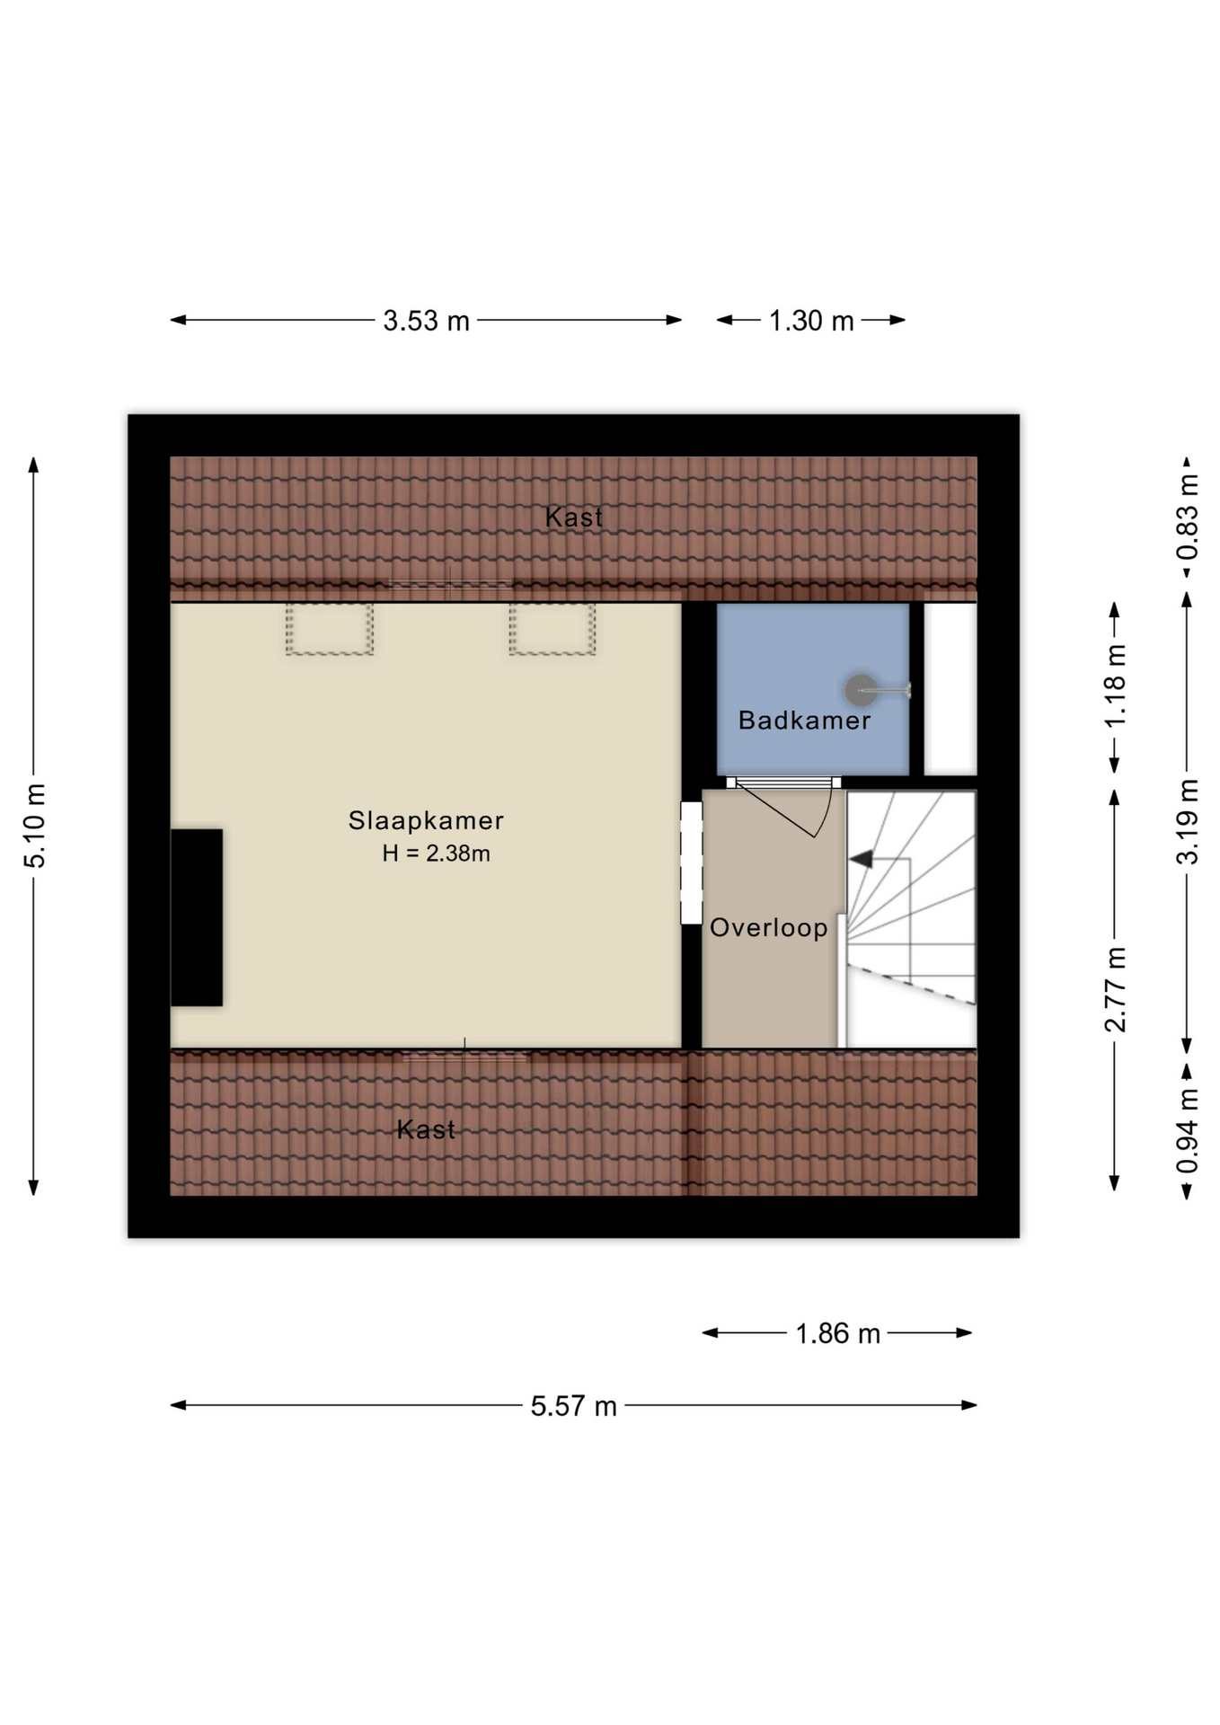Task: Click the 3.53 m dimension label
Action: (426, 321)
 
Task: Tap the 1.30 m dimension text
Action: (811, 321)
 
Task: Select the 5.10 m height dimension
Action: (34, 826)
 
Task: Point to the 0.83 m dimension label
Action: (1188, 517)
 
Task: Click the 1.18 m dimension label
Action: (1115, 686)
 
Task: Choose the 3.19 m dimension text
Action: (1188, 822)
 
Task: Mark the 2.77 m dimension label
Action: (1115, 989)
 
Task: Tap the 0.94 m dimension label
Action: (1188, 1130)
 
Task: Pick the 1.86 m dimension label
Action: (837, 1333)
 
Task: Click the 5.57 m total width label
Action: (573, 1406)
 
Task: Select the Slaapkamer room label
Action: (426, 820)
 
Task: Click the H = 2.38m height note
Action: (436, 854)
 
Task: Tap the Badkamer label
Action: (804, 721)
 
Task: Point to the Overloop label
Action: (769, 928)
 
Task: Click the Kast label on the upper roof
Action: (573, 517)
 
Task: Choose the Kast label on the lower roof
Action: (426, 1129)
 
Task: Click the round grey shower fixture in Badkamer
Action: (862, 690)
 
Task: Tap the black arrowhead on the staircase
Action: (861, 860)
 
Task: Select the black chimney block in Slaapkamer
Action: (197, 917)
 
